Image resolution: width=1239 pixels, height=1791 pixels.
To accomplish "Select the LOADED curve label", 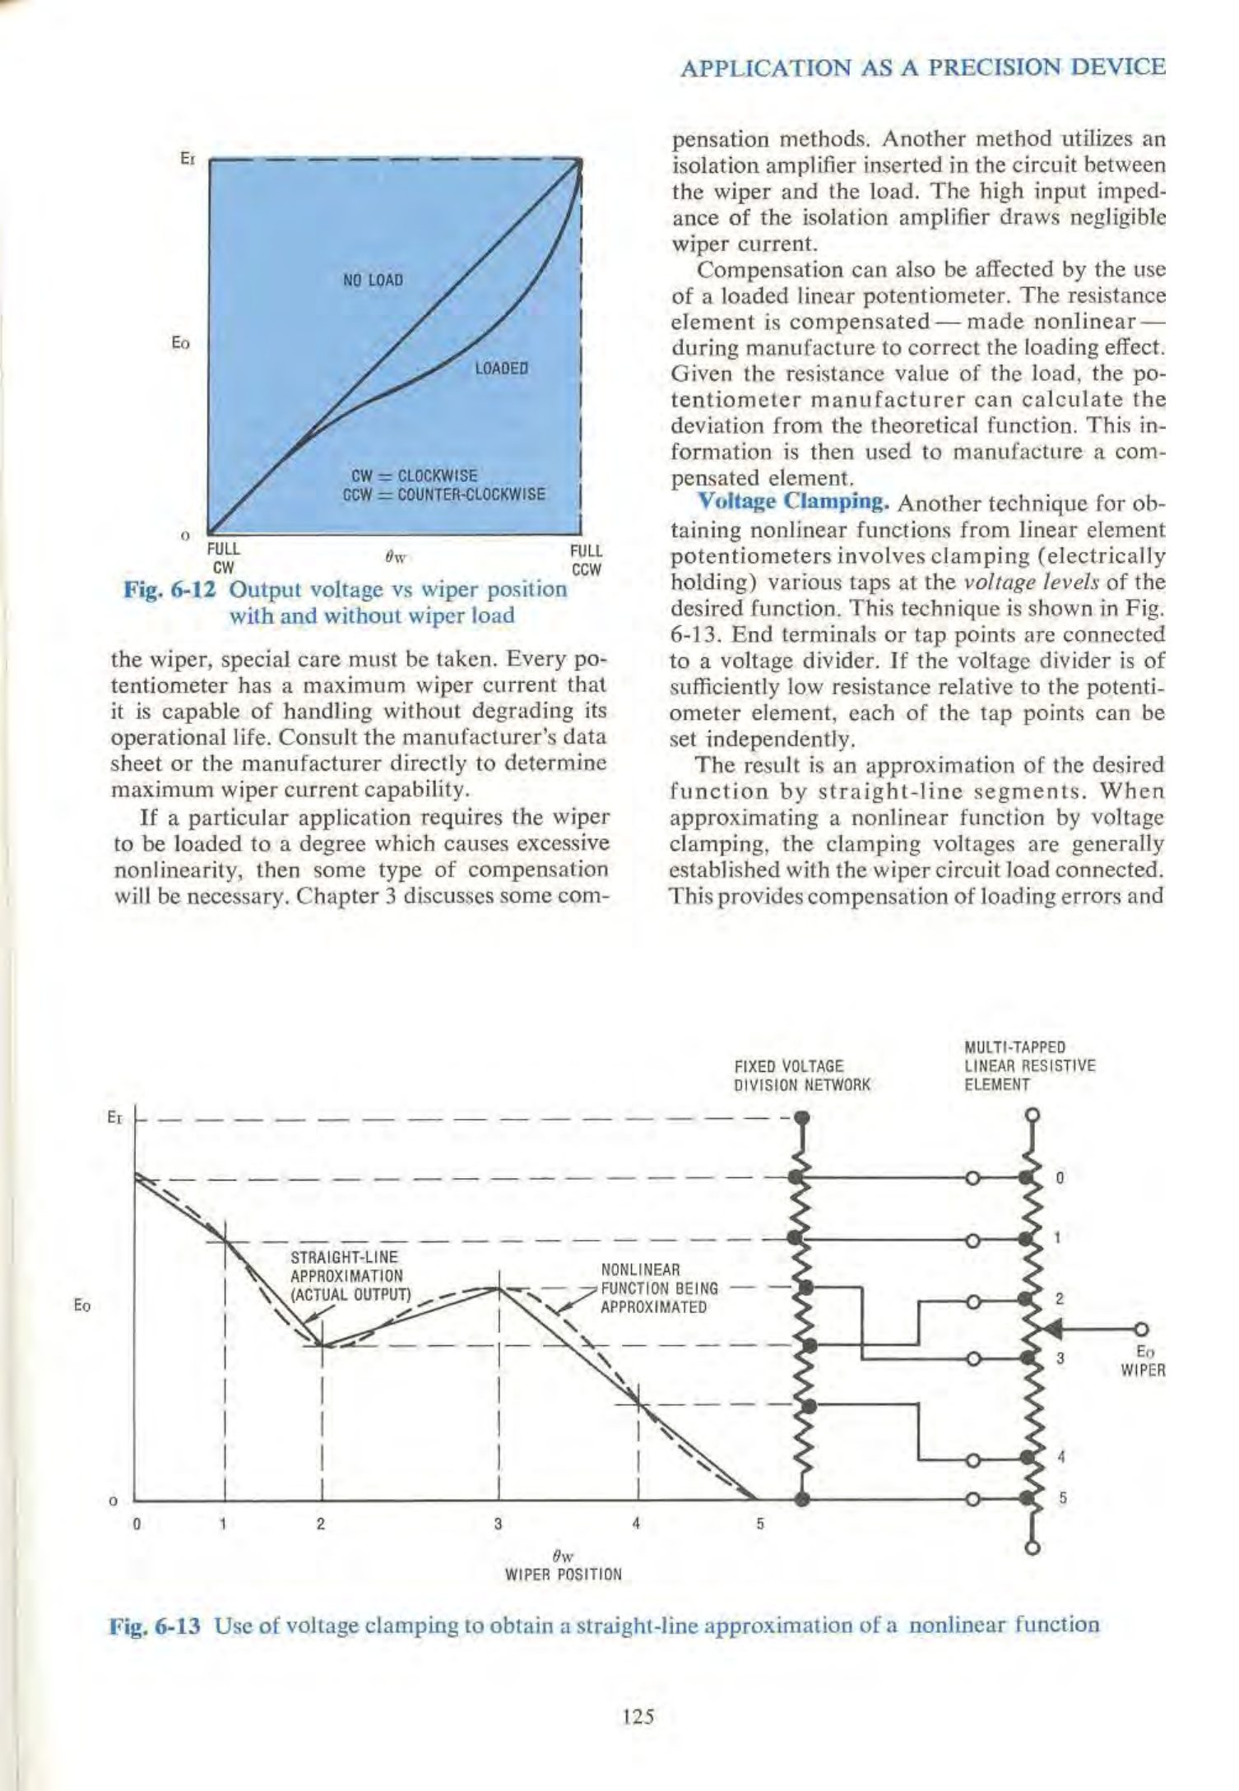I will point(501,368).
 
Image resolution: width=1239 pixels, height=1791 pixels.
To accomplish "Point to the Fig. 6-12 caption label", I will point(170,590).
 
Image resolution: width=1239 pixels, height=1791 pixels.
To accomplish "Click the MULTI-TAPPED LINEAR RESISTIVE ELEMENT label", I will point(1029,1065).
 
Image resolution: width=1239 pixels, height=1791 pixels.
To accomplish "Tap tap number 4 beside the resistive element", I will point(1061,1456).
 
